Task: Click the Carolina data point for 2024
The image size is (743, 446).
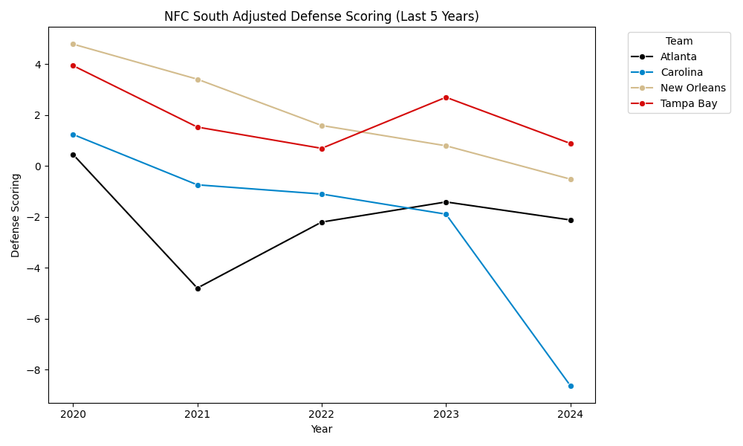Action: pos(571,386)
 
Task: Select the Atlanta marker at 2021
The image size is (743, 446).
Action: pos(198,288)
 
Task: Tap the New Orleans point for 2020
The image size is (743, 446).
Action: pos(73,44)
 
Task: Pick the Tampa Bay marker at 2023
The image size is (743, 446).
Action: pos(446,97)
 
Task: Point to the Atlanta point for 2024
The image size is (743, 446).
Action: pos(571,220)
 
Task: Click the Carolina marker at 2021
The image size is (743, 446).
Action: pos(198,185)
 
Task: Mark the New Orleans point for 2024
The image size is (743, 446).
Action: pos(571,179)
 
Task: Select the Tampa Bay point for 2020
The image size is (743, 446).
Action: pos(73,65)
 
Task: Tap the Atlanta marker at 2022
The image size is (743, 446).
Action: pos(322,222)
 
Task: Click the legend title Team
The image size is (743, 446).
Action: pos(679,41)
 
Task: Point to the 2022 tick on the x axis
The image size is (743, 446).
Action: pos(322,414)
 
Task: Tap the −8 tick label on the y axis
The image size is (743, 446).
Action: pos(36,370)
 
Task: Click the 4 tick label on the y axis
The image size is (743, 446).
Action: pos(39,65)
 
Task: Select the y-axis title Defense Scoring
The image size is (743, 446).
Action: pos(16,216)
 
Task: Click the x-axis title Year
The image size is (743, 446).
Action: pos(322,429)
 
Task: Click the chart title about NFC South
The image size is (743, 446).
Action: pos(322,16)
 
